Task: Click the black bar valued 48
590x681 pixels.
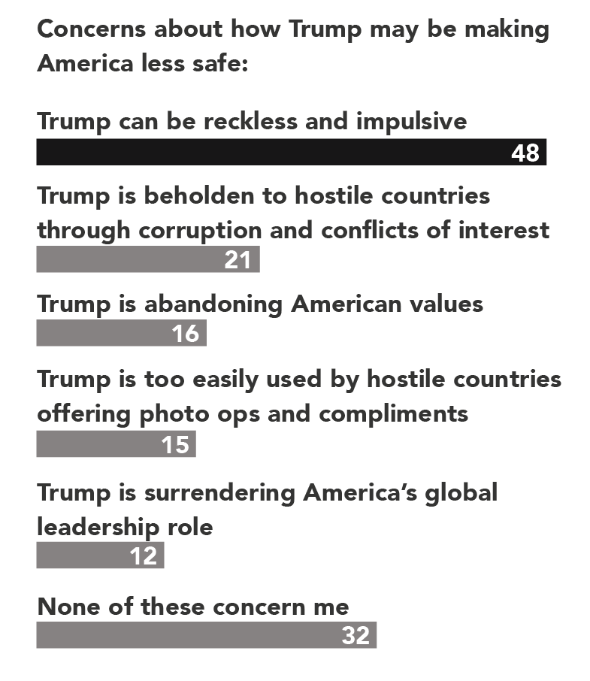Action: tap(292, 152)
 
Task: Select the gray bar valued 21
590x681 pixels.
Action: tap(148, 259)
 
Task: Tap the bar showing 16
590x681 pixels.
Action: tap(122, 333)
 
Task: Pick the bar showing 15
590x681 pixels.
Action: tap(116, 444)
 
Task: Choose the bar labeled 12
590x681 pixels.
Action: tap(100, 555)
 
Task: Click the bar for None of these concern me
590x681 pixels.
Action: tap(207, 635)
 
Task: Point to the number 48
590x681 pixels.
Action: tap(525, 153)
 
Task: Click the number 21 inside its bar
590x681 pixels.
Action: tap(238, 260)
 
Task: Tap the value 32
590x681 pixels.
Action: tap(356, 635)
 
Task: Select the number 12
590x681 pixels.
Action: tap(144, 556)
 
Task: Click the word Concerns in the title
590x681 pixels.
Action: tap(92, 29)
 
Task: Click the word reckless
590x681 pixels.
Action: tap(250, 121)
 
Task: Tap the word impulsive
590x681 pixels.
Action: tap(412, 122)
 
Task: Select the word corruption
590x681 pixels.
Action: tap(200, 231)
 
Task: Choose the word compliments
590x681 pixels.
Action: tap(393, 414)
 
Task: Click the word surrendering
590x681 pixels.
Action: tap(219, 494)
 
